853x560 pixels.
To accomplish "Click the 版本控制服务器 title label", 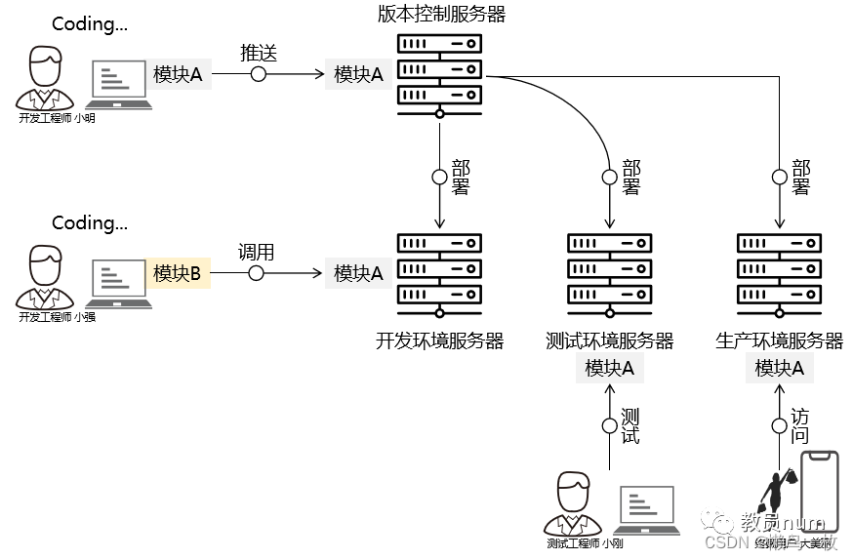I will [x=441, y=14].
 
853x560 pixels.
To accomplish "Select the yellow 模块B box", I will [x=177, y=274].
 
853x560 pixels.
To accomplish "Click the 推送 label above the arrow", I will [x=259, y=53].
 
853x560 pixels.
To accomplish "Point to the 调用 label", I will [x=256, y=252].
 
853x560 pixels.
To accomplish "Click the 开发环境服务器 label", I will [x=439, y=340].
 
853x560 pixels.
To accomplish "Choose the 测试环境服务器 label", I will [x=610, y=340].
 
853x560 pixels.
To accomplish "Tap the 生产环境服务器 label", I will [x=779, y=340].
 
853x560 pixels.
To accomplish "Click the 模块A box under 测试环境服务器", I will [x=610, y=368].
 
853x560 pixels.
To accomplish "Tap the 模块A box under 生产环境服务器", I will [x=779, y=368].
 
